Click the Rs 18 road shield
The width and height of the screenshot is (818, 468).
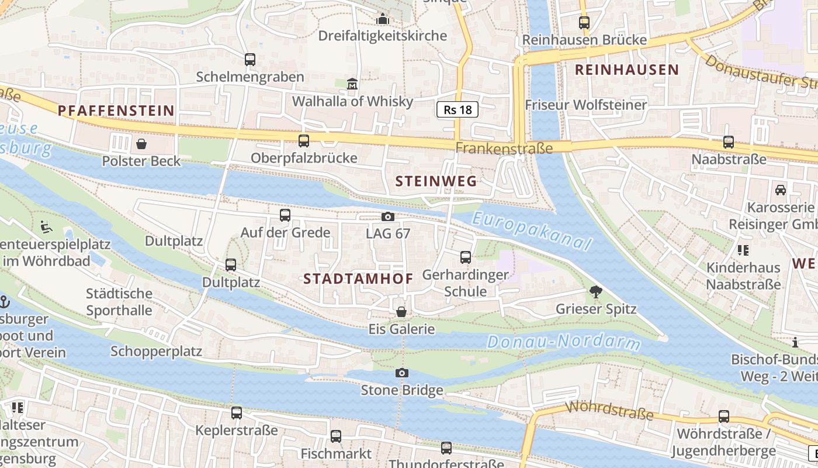457,109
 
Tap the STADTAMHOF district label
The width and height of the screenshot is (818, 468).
358,279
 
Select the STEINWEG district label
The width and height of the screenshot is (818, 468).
436,181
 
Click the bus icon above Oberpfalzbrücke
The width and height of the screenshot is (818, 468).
304,141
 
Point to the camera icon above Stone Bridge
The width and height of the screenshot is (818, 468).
402,373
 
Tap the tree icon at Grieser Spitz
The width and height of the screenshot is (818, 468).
596,291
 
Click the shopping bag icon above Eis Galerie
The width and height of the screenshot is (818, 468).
401,312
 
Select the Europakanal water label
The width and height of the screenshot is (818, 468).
532,230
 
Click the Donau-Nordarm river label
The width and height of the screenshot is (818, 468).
564,342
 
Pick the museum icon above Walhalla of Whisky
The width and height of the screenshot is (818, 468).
352,85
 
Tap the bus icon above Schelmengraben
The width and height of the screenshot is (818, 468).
250,60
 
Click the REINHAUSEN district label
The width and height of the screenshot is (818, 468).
627,70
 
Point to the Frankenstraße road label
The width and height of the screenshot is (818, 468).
504,148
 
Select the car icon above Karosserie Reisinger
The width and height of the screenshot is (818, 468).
780,190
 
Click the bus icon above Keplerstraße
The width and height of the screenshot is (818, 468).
237,413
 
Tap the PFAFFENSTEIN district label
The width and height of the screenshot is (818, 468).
116,111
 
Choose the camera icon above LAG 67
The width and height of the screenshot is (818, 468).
387,217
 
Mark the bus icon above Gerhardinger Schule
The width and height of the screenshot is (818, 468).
466,257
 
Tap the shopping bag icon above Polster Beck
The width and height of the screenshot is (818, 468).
141,144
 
